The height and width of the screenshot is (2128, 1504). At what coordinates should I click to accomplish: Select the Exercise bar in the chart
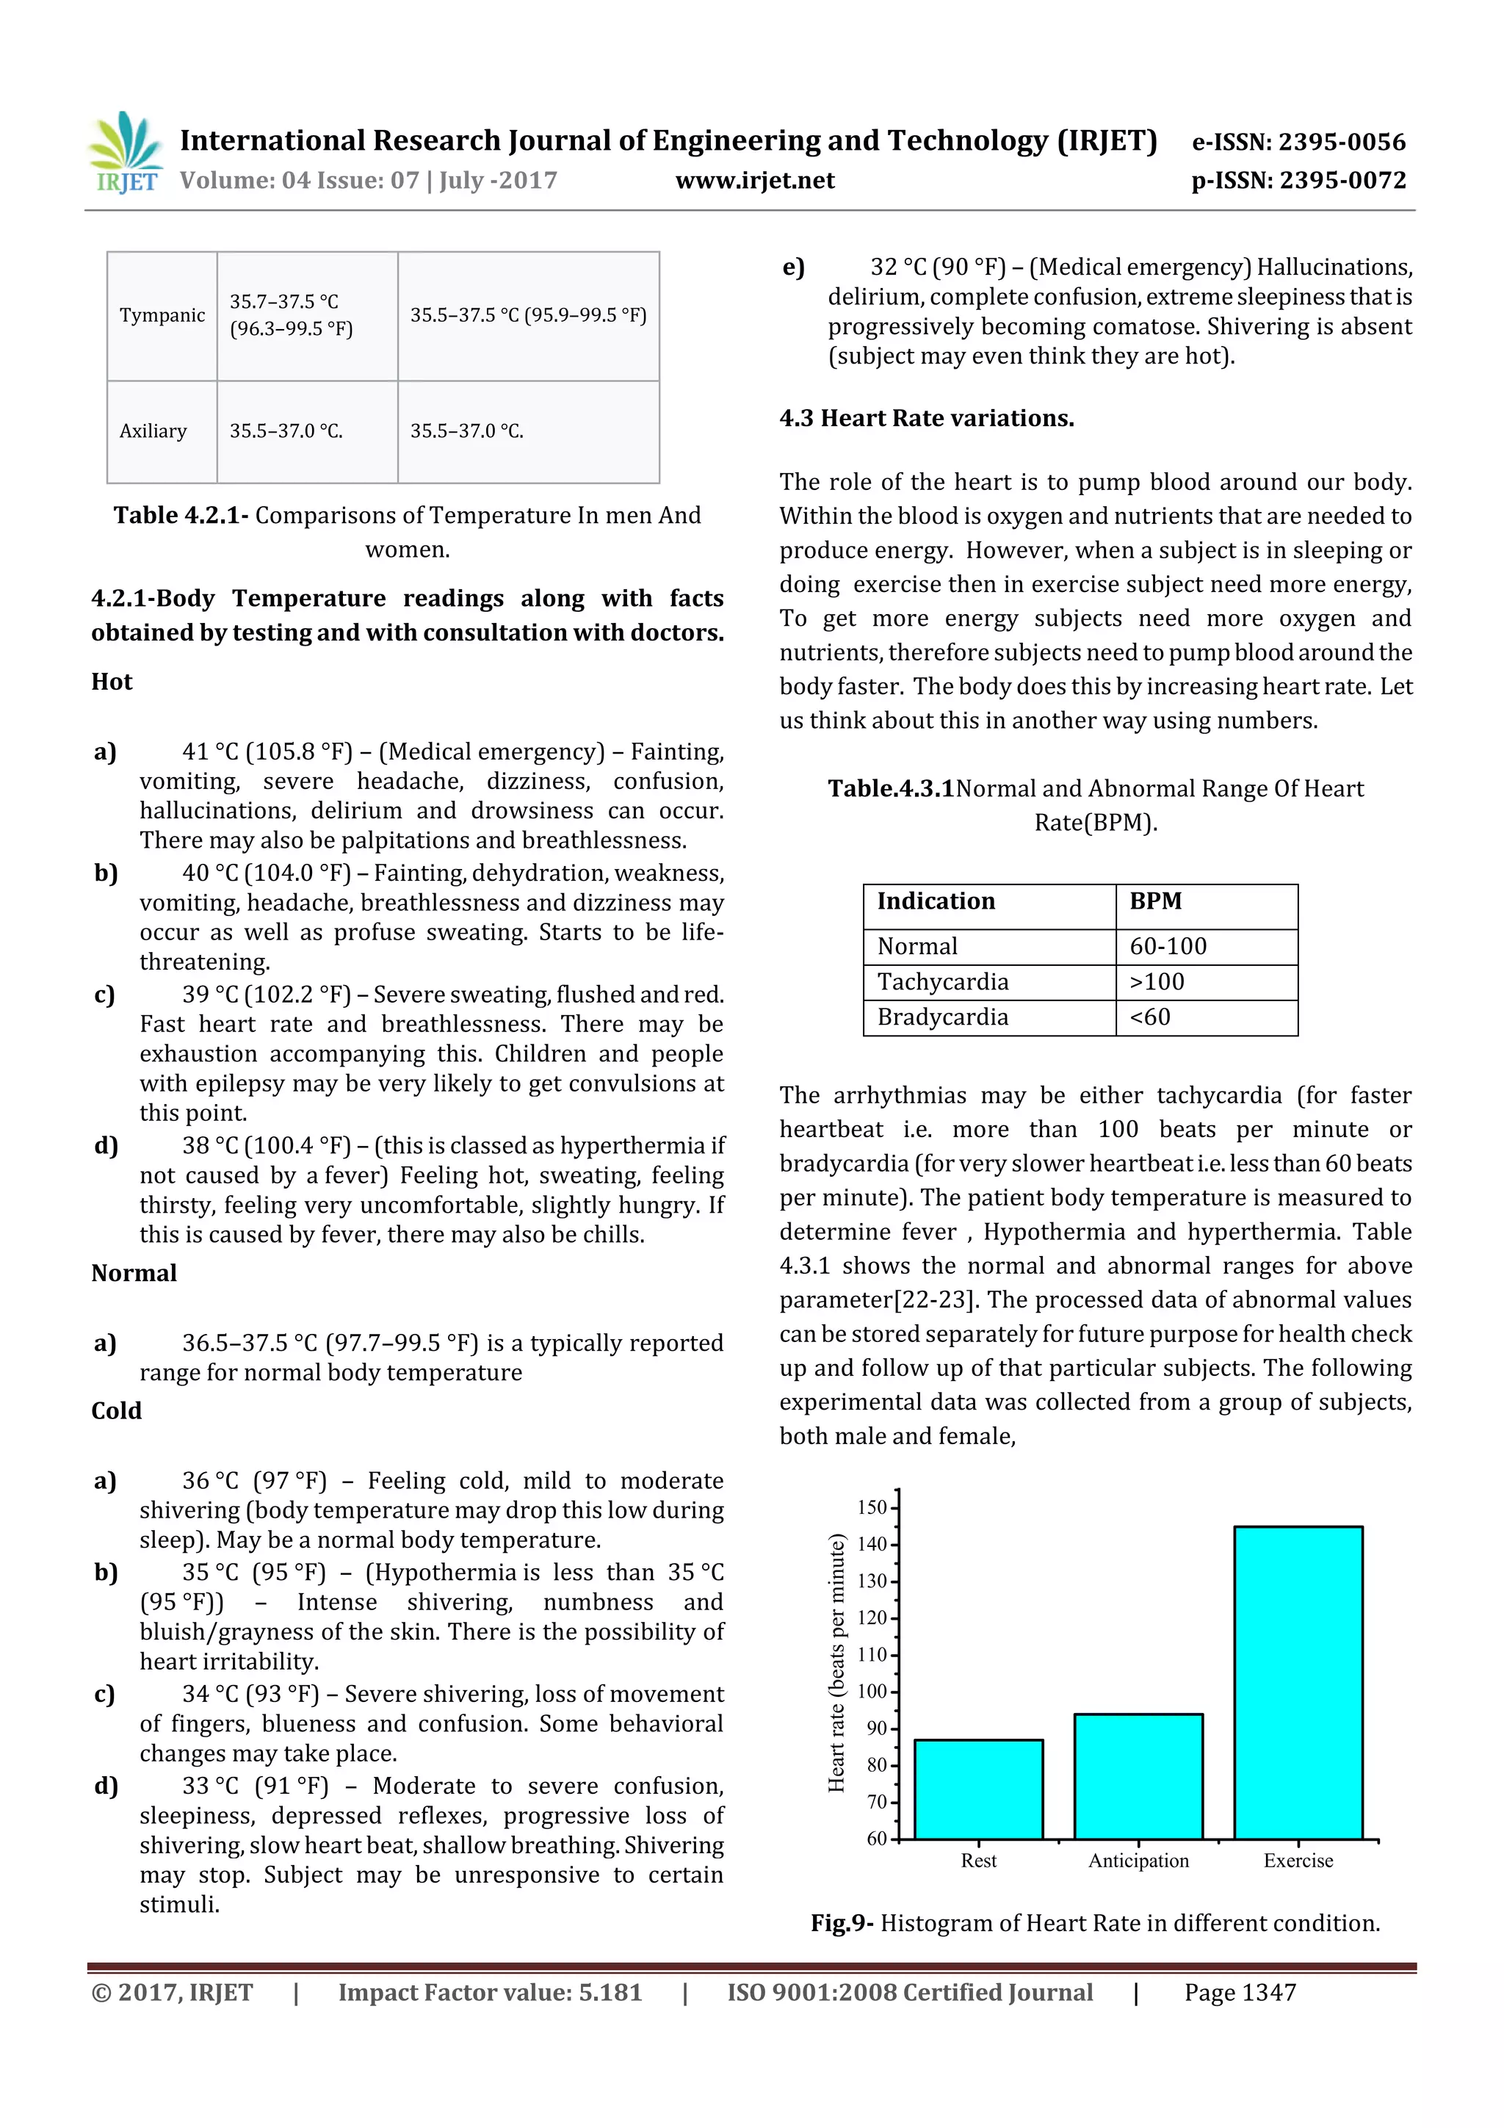pos(1298,1681)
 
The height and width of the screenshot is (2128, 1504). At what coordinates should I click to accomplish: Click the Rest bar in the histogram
pos(979,1788)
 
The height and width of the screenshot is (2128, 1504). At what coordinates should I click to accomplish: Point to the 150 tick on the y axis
pos(873,1507)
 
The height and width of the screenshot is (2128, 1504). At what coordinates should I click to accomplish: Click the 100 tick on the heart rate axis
pos(873,1692)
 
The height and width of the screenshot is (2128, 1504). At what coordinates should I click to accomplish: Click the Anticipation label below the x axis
pos(1138,1860)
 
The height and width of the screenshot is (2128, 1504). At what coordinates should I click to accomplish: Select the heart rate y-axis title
pos(836,1663)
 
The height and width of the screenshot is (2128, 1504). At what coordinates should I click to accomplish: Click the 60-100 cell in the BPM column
pos(1168,946)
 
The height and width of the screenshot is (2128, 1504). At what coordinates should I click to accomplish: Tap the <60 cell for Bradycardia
pos(1150,1017)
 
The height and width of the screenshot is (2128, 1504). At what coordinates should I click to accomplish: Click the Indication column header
pos(936,901)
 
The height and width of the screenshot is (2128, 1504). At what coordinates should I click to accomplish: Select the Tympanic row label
pos(162,315)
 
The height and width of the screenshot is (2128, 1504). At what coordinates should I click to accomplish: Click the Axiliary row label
pos(153,431)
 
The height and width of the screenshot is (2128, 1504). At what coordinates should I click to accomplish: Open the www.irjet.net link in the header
pos(754,181)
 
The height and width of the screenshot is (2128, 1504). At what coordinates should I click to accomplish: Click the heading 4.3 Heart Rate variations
pos(927,418)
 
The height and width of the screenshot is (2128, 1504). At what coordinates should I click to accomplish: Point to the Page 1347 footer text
pos(1239,1993)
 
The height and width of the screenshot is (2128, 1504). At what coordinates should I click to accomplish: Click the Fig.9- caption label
pos(842,1923)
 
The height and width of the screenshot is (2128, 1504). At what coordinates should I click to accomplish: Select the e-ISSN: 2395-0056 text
pos(1298,142)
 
